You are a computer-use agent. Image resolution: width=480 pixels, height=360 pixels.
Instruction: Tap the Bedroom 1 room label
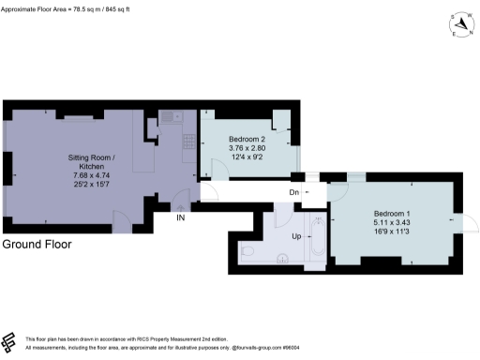[393, 215]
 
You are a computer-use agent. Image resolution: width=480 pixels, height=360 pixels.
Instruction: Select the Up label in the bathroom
[297, 236]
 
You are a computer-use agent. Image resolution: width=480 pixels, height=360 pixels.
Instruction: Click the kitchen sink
[170, 117]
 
